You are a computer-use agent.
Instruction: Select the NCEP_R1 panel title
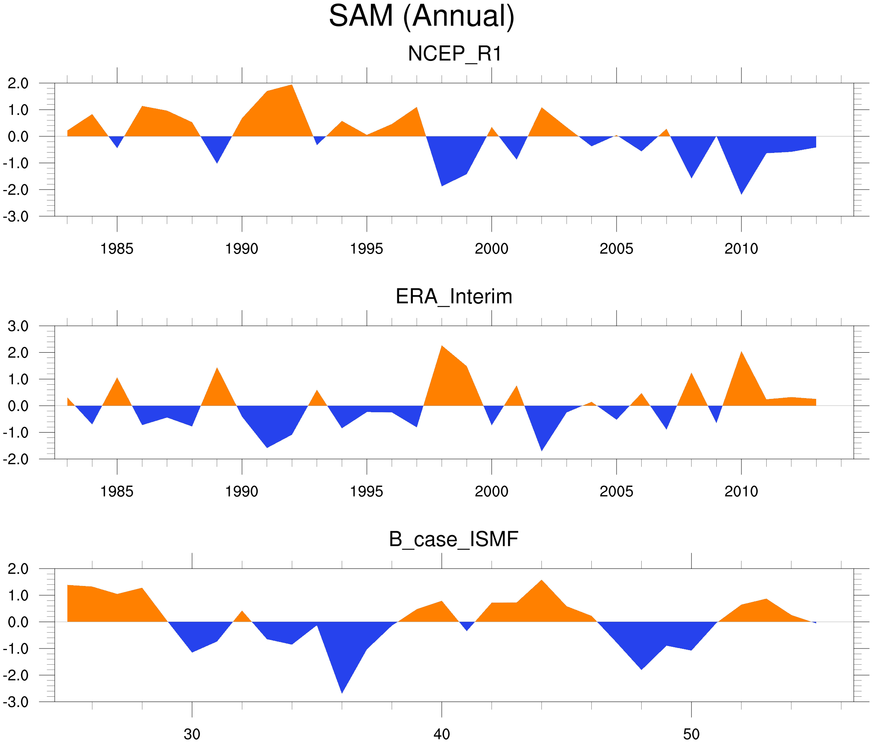click(x=455, y=54)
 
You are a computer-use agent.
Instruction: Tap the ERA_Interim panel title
click(x=454, y=297)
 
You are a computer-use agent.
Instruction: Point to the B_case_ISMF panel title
click(x=453, y=540)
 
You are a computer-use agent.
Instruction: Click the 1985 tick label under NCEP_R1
click(x=117, y=249)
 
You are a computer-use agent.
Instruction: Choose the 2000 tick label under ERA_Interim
click(x=491, y=491)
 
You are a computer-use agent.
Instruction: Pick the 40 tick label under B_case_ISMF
click(x=442, y=734)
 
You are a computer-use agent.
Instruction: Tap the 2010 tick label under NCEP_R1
click(x=741, y=249)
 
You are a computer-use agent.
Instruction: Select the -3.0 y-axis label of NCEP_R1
click(x=16, y=217)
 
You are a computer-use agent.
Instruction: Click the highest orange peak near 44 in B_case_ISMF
click(x=541, y=585)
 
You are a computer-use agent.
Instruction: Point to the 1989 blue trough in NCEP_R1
click(x=217, y=159)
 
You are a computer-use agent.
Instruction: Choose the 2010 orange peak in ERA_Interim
click(x=741, y=356)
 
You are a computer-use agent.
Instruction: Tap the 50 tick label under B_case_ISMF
click(x=692, y=734)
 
